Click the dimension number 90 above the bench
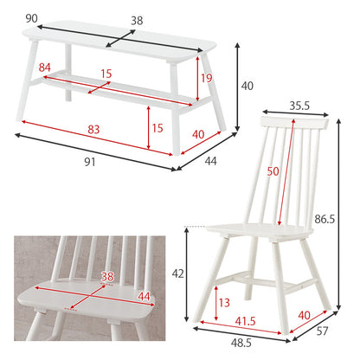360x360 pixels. point(31,18)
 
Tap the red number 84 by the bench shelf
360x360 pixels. point(45,67)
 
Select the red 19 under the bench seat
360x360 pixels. point(207,78)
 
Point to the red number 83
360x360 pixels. point(93,130)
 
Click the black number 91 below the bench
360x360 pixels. point(90,162)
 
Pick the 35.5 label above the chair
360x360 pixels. point(299,106)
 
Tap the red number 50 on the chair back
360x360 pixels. point(273,171)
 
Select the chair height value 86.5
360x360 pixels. point(325,220)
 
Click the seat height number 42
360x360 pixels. point(177,273)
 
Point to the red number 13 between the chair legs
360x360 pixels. point(224,303)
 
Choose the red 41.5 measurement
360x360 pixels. point(245,321)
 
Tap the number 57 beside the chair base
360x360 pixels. point(322,331)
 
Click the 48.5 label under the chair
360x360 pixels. point(241,343)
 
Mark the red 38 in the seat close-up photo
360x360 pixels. point(107,277)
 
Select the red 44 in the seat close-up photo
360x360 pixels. point(144,296)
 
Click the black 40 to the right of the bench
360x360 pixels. point(247,86)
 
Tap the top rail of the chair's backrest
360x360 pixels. point(294,123)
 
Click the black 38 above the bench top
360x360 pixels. point(137,21)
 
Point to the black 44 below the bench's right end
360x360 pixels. point(210,161)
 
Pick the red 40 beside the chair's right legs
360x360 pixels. point(305,315)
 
